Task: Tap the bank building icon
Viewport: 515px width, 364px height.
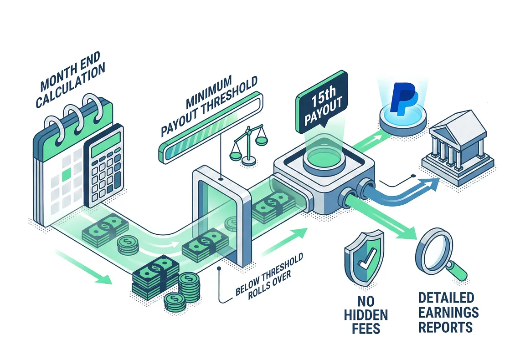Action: click(x=458, y=148)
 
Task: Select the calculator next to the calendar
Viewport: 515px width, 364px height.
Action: click(x=104, y=165)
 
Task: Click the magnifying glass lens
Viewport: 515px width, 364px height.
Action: click(x=434, y=250)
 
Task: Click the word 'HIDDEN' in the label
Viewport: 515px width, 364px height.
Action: click(x=366, y=315)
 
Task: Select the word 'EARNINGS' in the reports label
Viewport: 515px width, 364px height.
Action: click(x=448, y=312)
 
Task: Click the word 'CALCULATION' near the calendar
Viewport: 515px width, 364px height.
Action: click(x=70, y=85)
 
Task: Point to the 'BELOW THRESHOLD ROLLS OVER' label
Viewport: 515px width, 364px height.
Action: click(x=270, y=276)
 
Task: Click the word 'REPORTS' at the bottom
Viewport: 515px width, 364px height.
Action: click(x=445, y=327)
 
